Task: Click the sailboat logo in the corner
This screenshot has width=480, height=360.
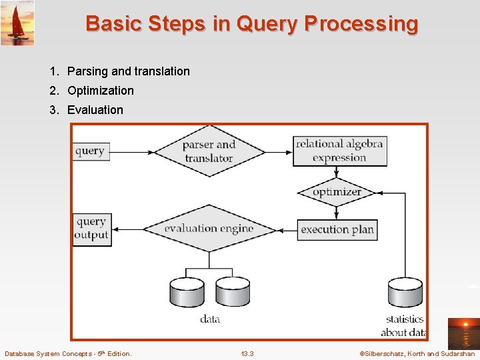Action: pyautogui.click(x=17, y=23)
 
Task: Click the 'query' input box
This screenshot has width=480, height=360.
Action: pyautogui.click(x=90, y=151)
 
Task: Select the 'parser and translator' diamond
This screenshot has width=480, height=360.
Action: pyautogui.click(x=209, y=151)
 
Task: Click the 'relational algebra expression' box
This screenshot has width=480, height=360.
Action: pyautogui.click(x=339, y=151)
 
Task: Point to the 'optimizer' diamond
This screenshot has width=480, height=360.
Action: pyautogui.click(x=337, y=192)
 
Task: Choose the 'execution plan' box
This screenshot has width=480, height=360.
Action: pyautogui.click(x=337, y=229)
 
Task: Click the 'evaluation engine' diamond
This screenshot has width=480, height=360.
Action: pyautogui.click(x=209, y=229)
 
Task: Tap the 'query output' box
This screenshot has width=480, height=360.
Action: pyautogui.click(x=91, y=228)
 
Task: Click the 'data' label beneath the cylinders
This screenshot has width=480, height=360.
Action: pyautogui.click(x=209, y=319)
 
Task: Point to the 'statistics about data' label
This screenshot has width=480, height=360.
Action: pyautogui.click(x=404, y=325)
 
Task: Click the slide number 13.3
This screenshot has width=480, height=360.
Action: pyautogui.click(x=247, y=353)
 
